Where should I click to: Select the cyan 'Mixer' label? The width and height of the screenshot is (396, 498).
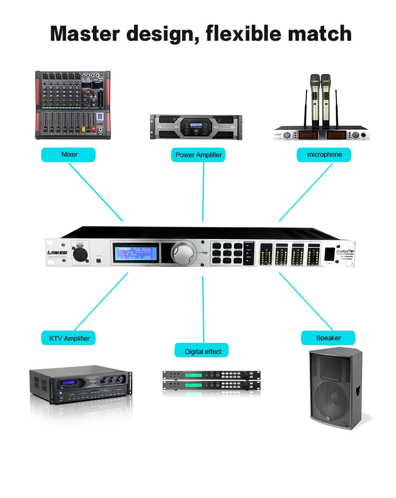pyautogui.click(x=69, y=155)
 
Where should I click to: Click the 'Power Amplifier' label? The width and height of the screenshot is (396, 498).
pyautogui.click(x=199, y=155)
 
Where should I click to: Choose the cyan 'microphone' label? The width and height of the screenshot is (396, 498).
pyautogui.click(x=324, y=155)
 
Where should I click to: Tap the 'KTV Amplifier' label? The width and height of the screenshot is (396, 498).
pyautogui.click(x=69, y=338)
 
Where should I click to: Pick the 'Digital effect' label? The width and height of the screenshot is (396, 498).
pyautogui.click(x=203, y=351)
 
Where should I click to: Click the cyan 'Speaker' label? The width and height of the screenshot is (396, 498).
pyautogui.click(x=328, y=338)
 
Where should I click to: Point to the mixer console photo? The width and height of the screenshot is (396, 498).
pyautogui.click(x=73, y=106)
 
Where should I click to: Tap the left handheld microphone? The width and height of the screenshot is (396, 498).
pyautogui.click(x=315, y=100)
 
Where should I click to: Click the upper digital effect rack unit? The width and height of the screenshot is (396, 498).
pyautogui.click(x=211, y=375)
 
